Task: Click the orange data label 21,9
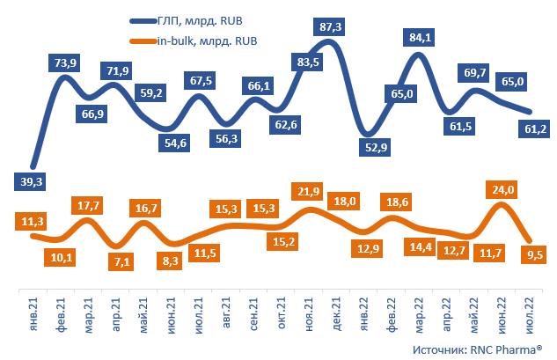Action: (307, 191)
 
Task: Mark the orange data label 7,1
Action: (115, 261)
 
